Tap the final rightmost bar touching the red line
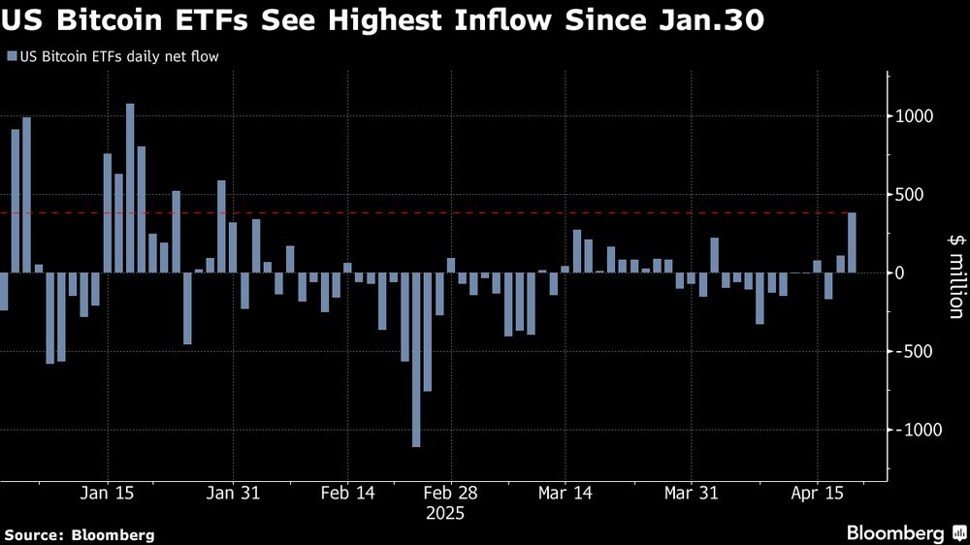pos(852,242)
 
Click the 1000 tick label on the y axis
pos(913,116)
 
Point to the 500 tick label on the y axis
pos(917,195)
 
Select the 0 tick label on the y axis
pos(926,273)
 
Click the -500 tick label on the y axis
pos(915,351)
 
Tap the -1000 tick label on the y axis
pos(911,430)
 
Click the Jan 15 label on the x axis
pos(107,493)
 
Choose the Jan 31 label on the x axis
pos(234,493)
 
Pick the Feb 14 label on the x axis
pos(346,493)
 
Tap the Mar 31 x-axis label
pos(690,493)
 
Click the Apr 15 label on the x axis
pos(817,493)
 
